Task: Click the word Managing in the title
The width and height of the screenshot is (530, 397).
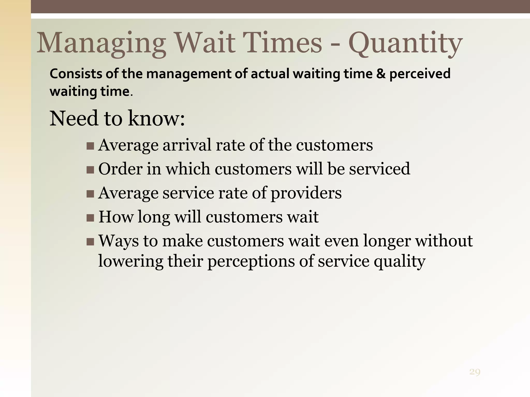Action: pyautogui.click(x=101, y=43)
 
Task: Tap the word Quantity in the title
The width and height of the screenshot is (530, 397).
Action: pyautogui.click(x=405, y=43)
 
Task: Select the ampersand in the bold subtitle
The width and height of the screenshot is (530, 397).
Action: pyautogui.click(x=381, y=74)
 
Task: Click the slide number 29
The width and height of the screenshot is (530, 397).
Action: pyautogui.click(x=475, y=372)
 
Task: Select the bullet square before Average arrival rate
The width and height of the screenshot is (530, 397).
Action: pyautogui.click(x=90, y=146)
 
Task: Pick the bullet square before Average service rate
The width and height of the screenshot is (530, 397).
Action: pyautogui.click(x=90, y=194)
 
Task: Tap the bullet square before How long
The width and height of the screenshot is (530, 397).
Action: pyautogui.click(x=90, y=218)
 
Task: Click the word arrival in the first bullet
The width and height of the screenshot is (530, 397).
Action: pyautogui.click(x=187, y=145)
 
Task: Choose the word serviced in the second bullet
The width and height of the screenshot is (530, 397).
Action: pyautogui.click(x=379, y=169)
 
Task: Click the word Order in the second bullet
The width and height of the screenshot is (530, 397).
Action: pyautogui.click(x=120, y=169)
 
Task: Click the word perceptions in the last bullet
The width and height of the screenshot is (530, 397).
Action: pyautogui.click(x=251, y=262)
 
